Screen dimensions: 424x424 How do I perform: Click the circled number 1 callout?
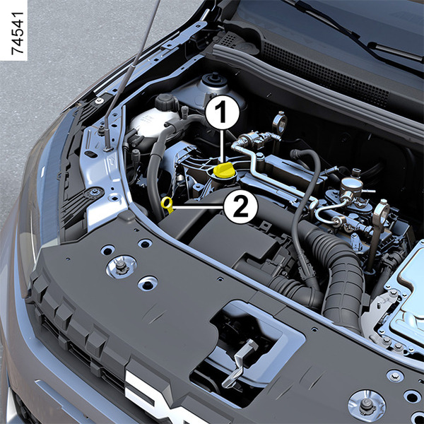pyautogui.click(x=223, y=112)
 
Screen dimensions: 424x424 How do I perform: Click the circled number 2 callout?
pyautogui.click(x=241, y=208)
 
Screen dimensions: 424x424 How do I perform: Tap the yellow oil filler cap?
pyautogui.click(x=223, y=170)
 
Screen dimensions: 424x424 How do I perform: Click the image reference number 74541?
pyautogui.click(x=18, y=33)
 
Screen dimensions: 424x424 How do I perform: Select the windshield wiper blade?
pyautogui.click(x=357, y=35)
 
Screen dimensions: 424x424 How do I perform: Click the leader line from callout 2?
pyautogui.click(x=198, y=208)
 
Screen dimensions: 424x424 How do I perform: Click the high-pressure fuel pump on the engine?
pyautogui.click(x=351, y=187)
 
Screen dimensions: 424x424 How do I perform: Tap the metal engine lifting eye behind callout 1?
pyautogui.click(x=280, y=122)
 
